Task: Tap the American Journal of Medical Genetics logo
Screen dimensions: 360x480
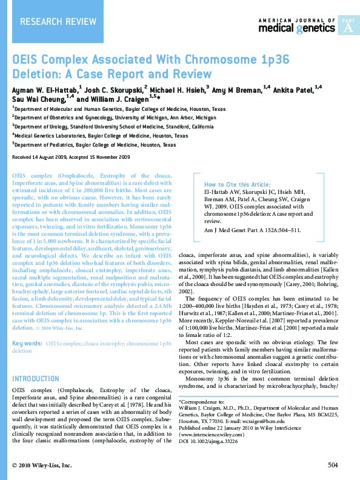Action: click(297, 25)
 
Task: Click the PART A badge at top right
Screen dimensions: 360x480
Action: click(348, 25)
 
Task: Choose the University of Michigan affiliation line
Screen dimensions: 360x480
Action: click(115, 118)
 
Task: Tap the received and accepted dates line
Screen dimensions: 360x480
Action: click(72, 157)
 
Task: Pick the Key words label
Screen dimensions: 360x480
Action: click(27, 343)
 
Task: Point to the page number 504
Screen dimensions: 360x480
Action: click(332, 465)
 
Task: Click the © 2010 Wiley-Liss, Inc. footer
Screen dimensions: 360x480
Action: click(42, 465)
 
